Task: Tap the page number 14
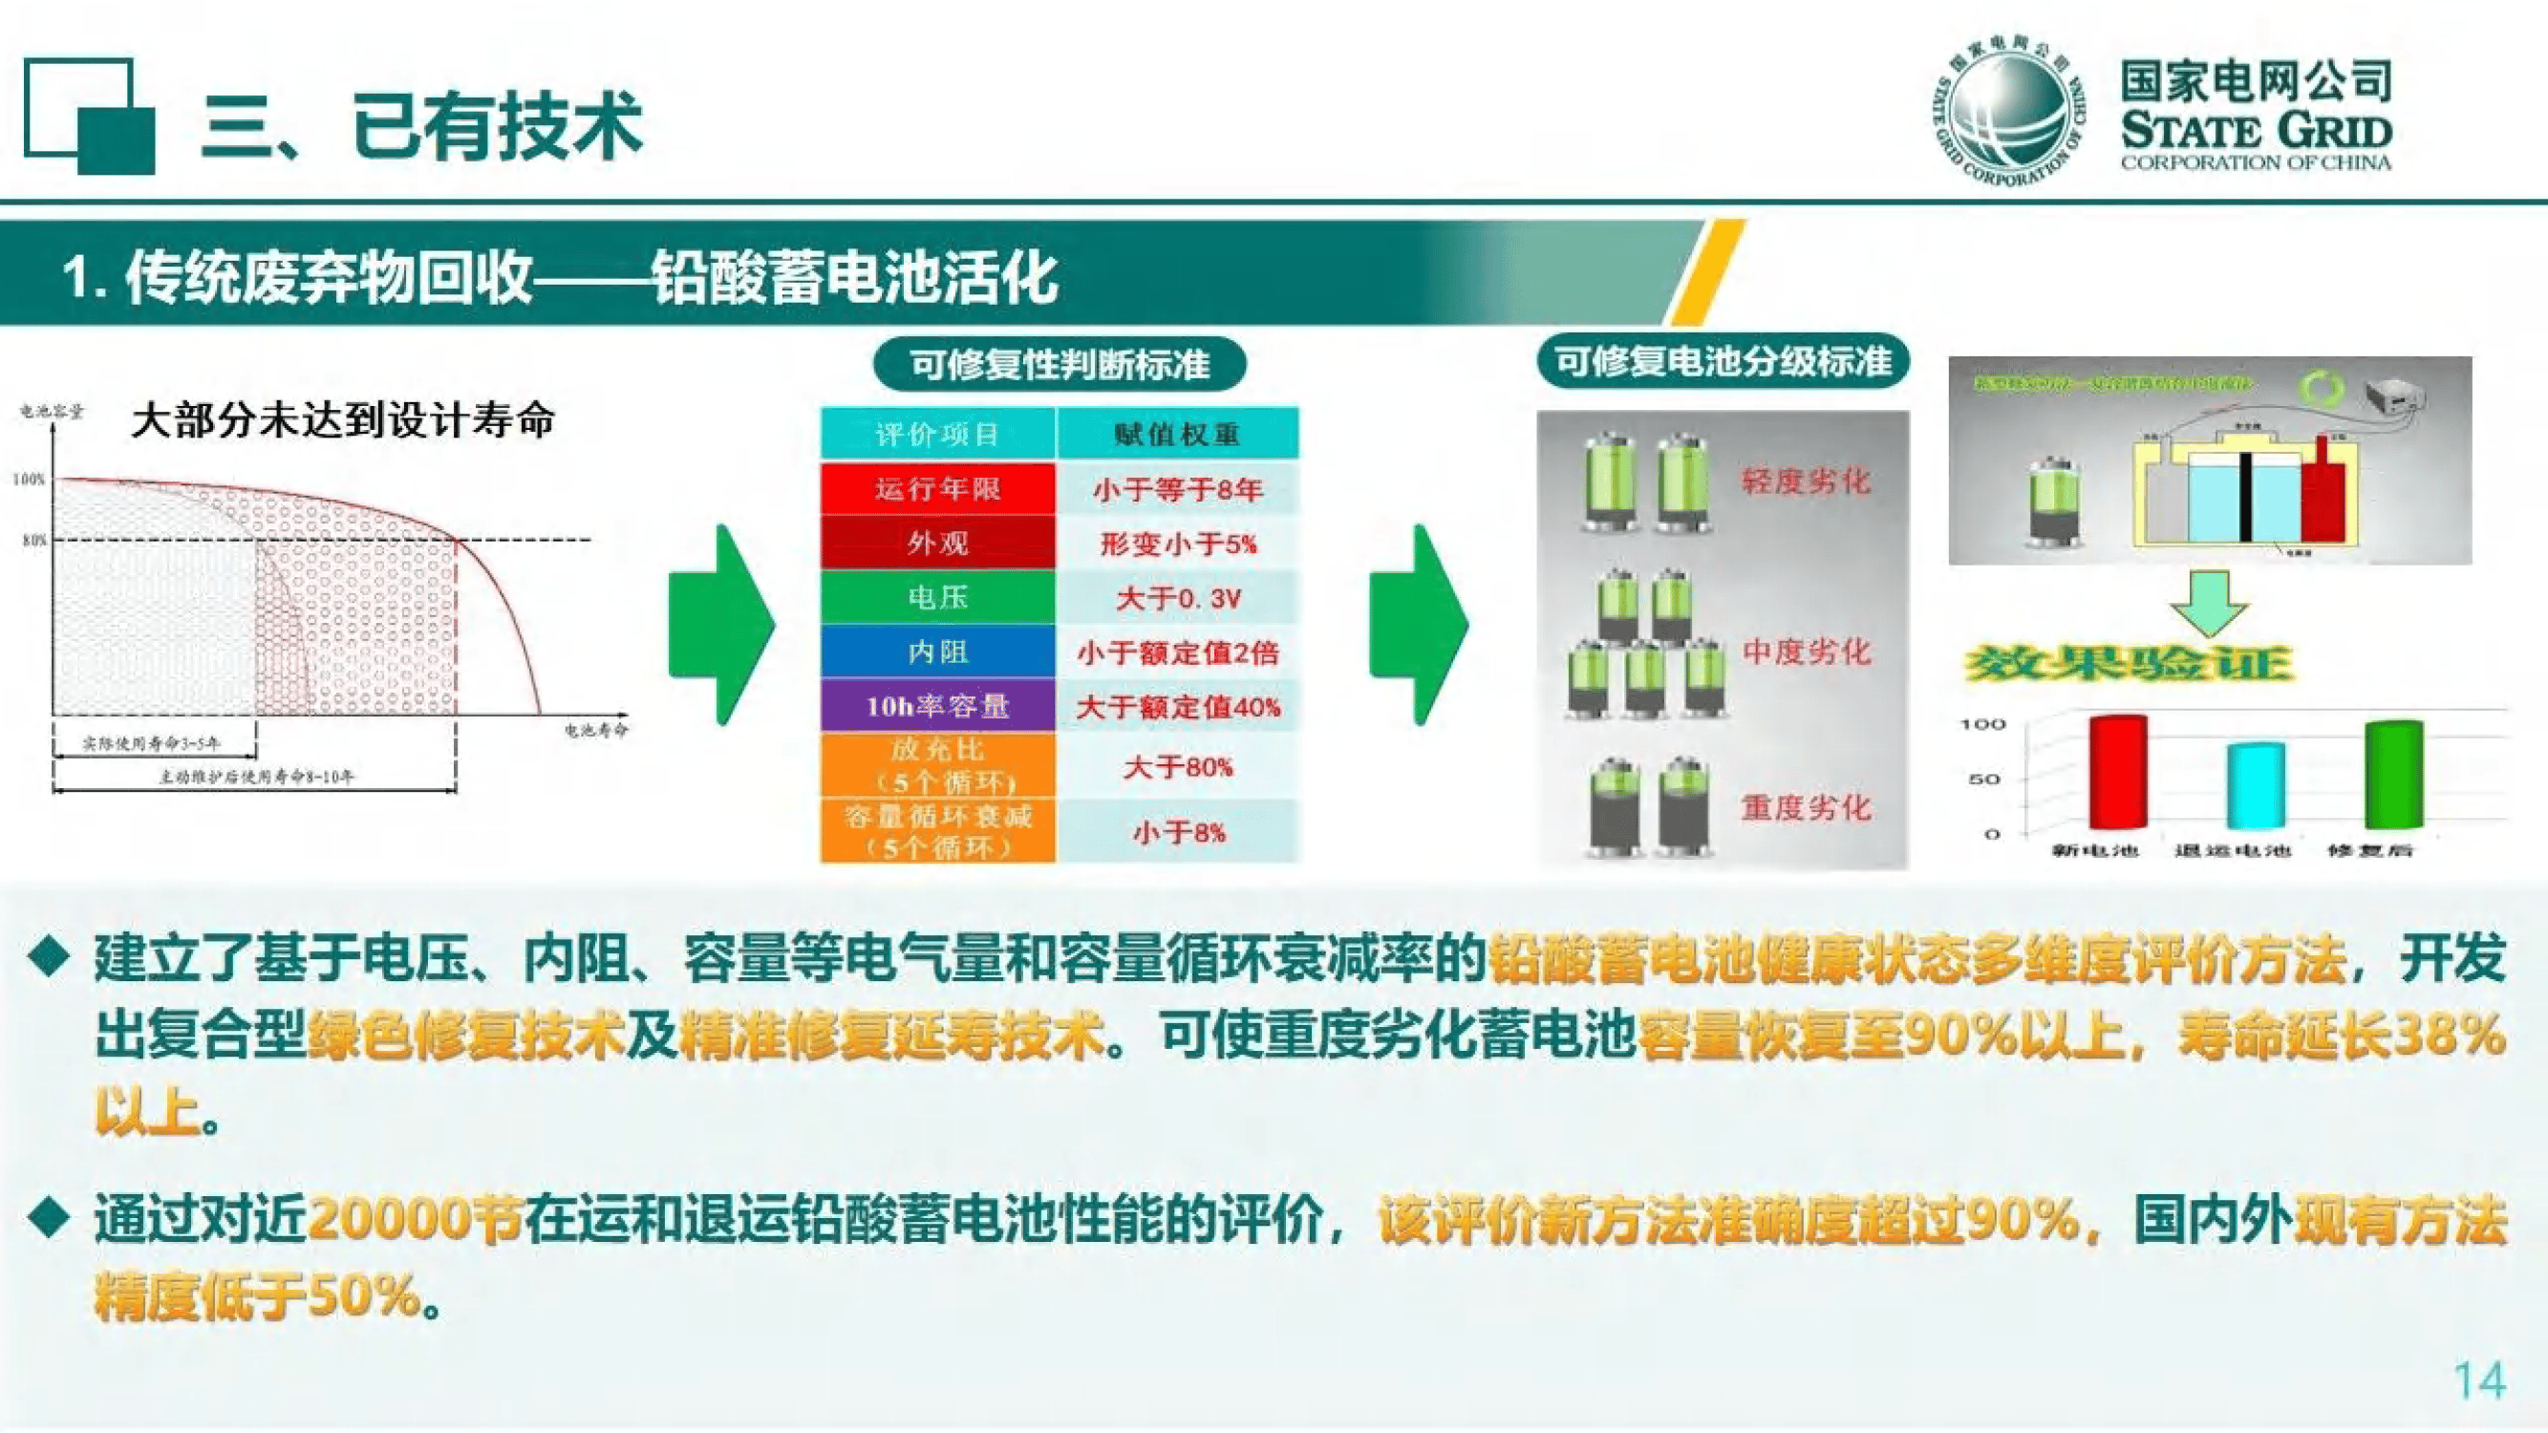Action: click(x=2479, y=1380)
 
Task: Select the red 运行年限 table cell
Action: click(x=936, y=488)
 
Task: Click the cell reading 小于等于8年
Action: click(x=1177, y=489)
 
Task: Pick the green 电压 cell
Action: click(x=936, y=597)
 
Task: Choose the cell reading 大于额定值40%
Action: click(x=1177, y=707)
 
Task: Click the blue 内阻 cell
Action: click(x=936, y=652)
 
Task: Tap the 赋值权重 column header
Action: click(x=1177, y=434)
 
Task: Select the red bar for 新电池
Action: click(x=2118, y=771)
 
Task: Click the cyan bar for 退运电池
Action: click(x=2256, y=786)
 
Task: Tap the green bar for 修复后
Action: click(x=2393, y=775)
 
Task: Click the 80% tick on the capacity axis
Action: click(x=35, y=540)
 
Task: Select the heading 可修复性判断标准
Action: click(x=1060, y=365)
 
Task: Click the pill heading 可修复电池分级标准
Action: click(x=1723, y=361)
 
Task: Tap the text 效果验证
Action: click(x=2127, y=664)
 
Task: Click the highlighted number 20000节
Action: click(x=416, y=1219)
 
